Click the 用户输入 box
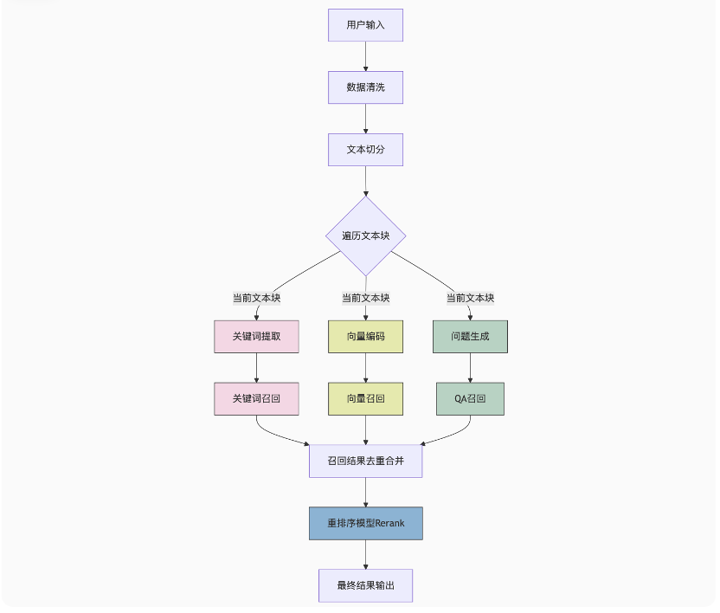[x=365, y=25]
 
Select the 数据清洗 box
[x=365, y=87]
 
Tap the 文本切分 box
[x=365, y=150]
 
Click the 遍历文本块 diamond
[x=365, y=236]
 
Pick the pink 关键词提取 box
[x=256, y=337]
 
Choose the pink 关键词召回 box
[x=256, y=399]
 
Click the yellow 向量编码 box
[x=365, y=337]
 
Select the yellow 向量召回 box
[x=365, y=399]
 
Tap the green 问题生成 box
[x=470, y=337]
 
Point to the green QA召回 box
[x=470, y=399]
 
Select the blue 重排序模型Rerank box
[x=365, y=524]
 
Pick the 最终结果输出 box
[x=365, y=586]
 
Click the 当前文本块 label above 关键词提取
[x=256, y=298]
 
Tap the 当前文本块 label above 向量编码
[x=365, y=298]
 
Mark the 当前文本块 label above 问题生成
[x=470, y=298]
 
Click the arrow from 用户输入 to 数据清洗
[x=365, y=56]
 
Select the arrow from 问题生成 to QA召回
[x=470, y=368]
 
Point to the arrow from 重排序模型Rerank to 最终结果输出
[x=365, y=555]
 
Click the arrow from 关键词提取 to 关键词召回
[x=256, y=368]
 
